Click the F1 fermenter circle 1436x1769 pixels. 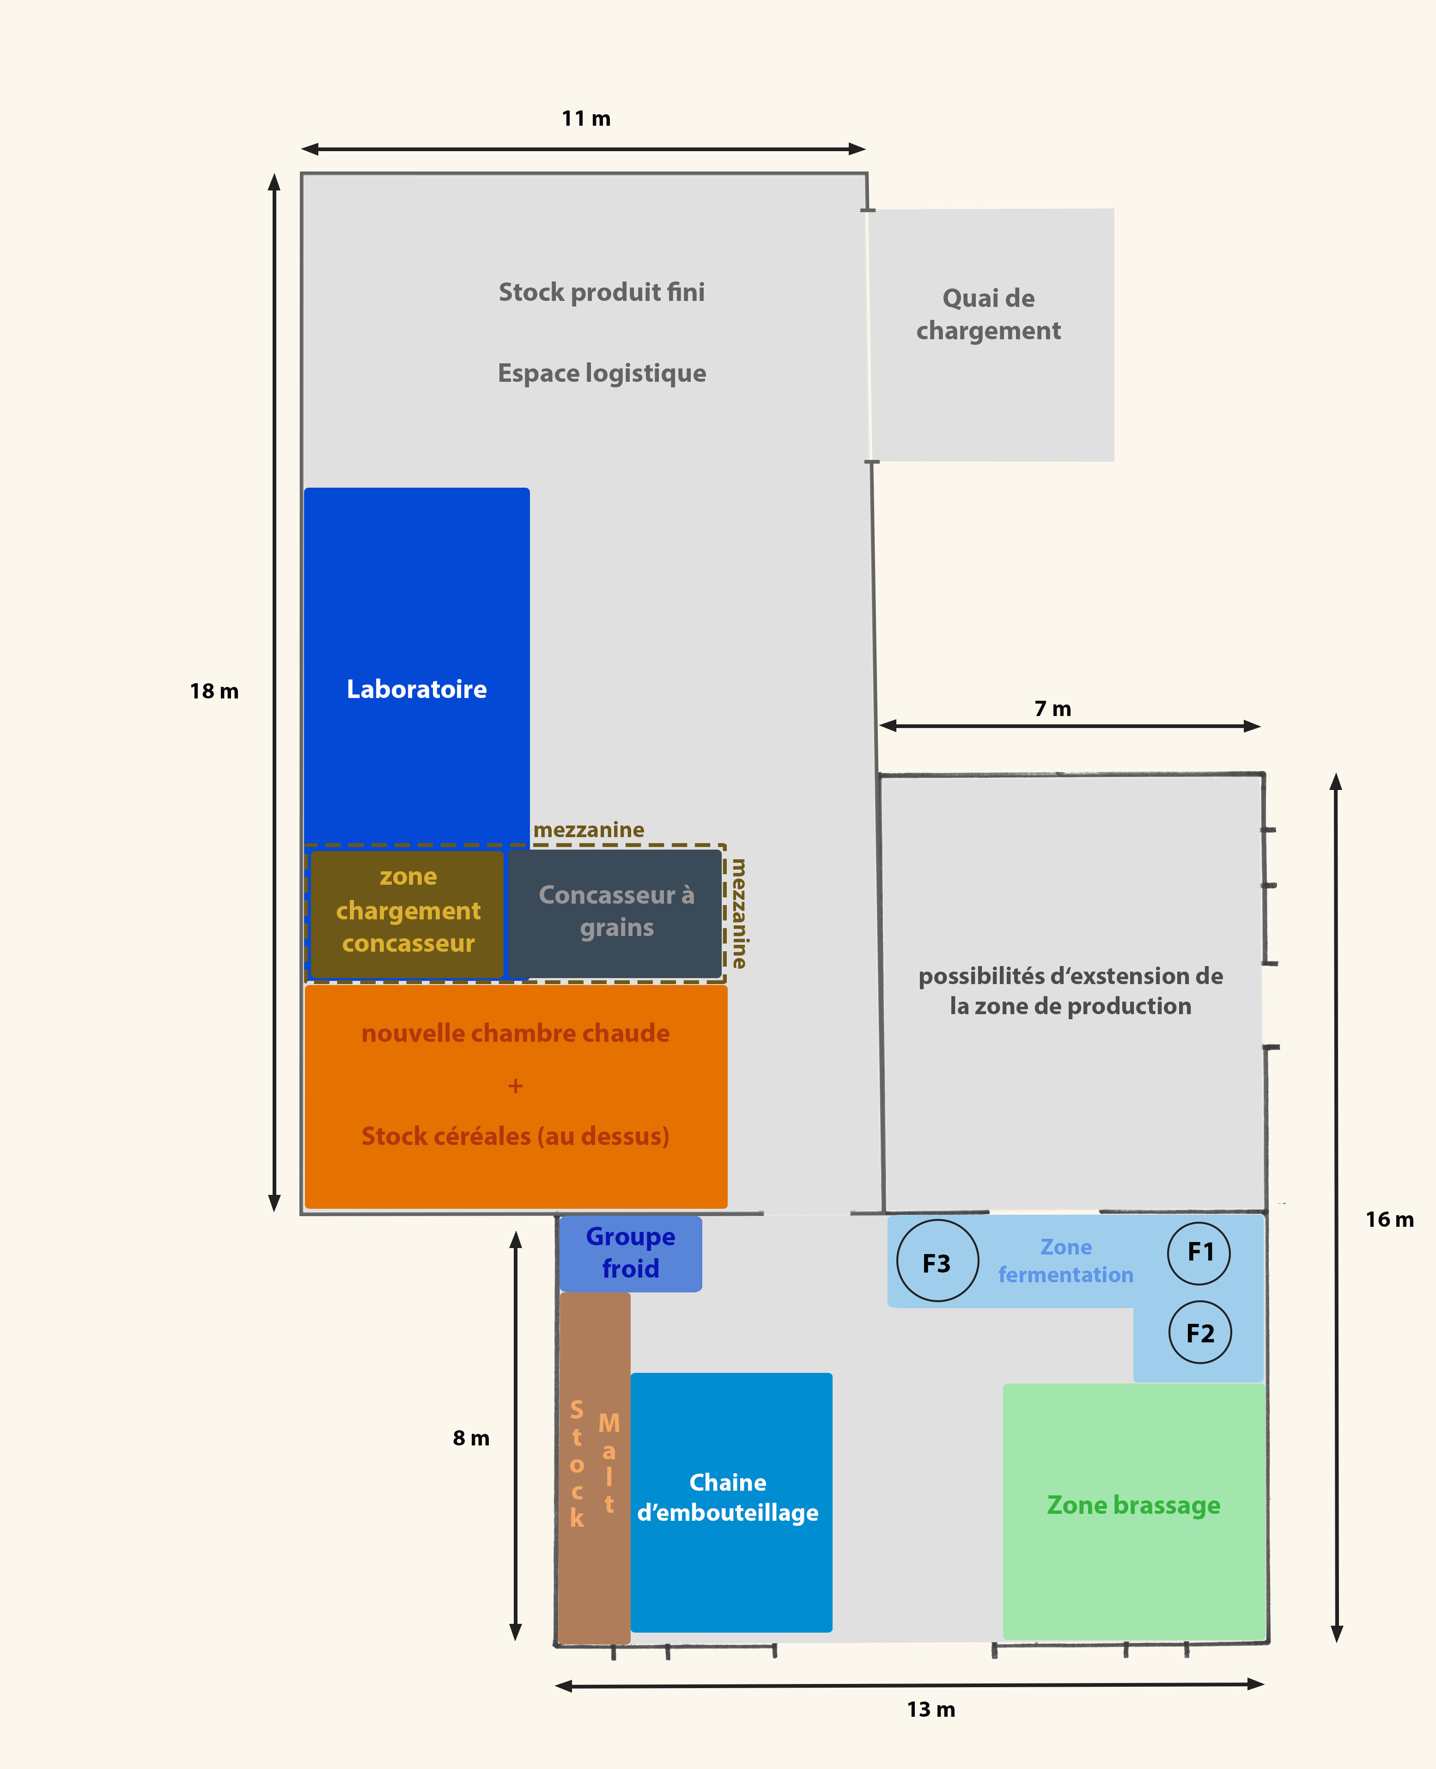[1199, 1253]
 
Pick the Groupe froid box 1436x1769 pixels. [630, 1253]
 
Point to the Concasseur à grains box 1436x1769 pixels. [616, 912]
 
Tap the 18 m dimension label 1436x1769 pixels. [214, 692]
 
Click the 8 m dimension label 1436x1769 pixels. [471, 1438]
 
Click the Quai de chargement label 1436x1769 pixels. [988, 314]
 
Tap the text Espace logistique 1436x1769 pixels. [602, 373]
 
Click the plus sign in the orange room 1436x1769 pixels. [515, 1085]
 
